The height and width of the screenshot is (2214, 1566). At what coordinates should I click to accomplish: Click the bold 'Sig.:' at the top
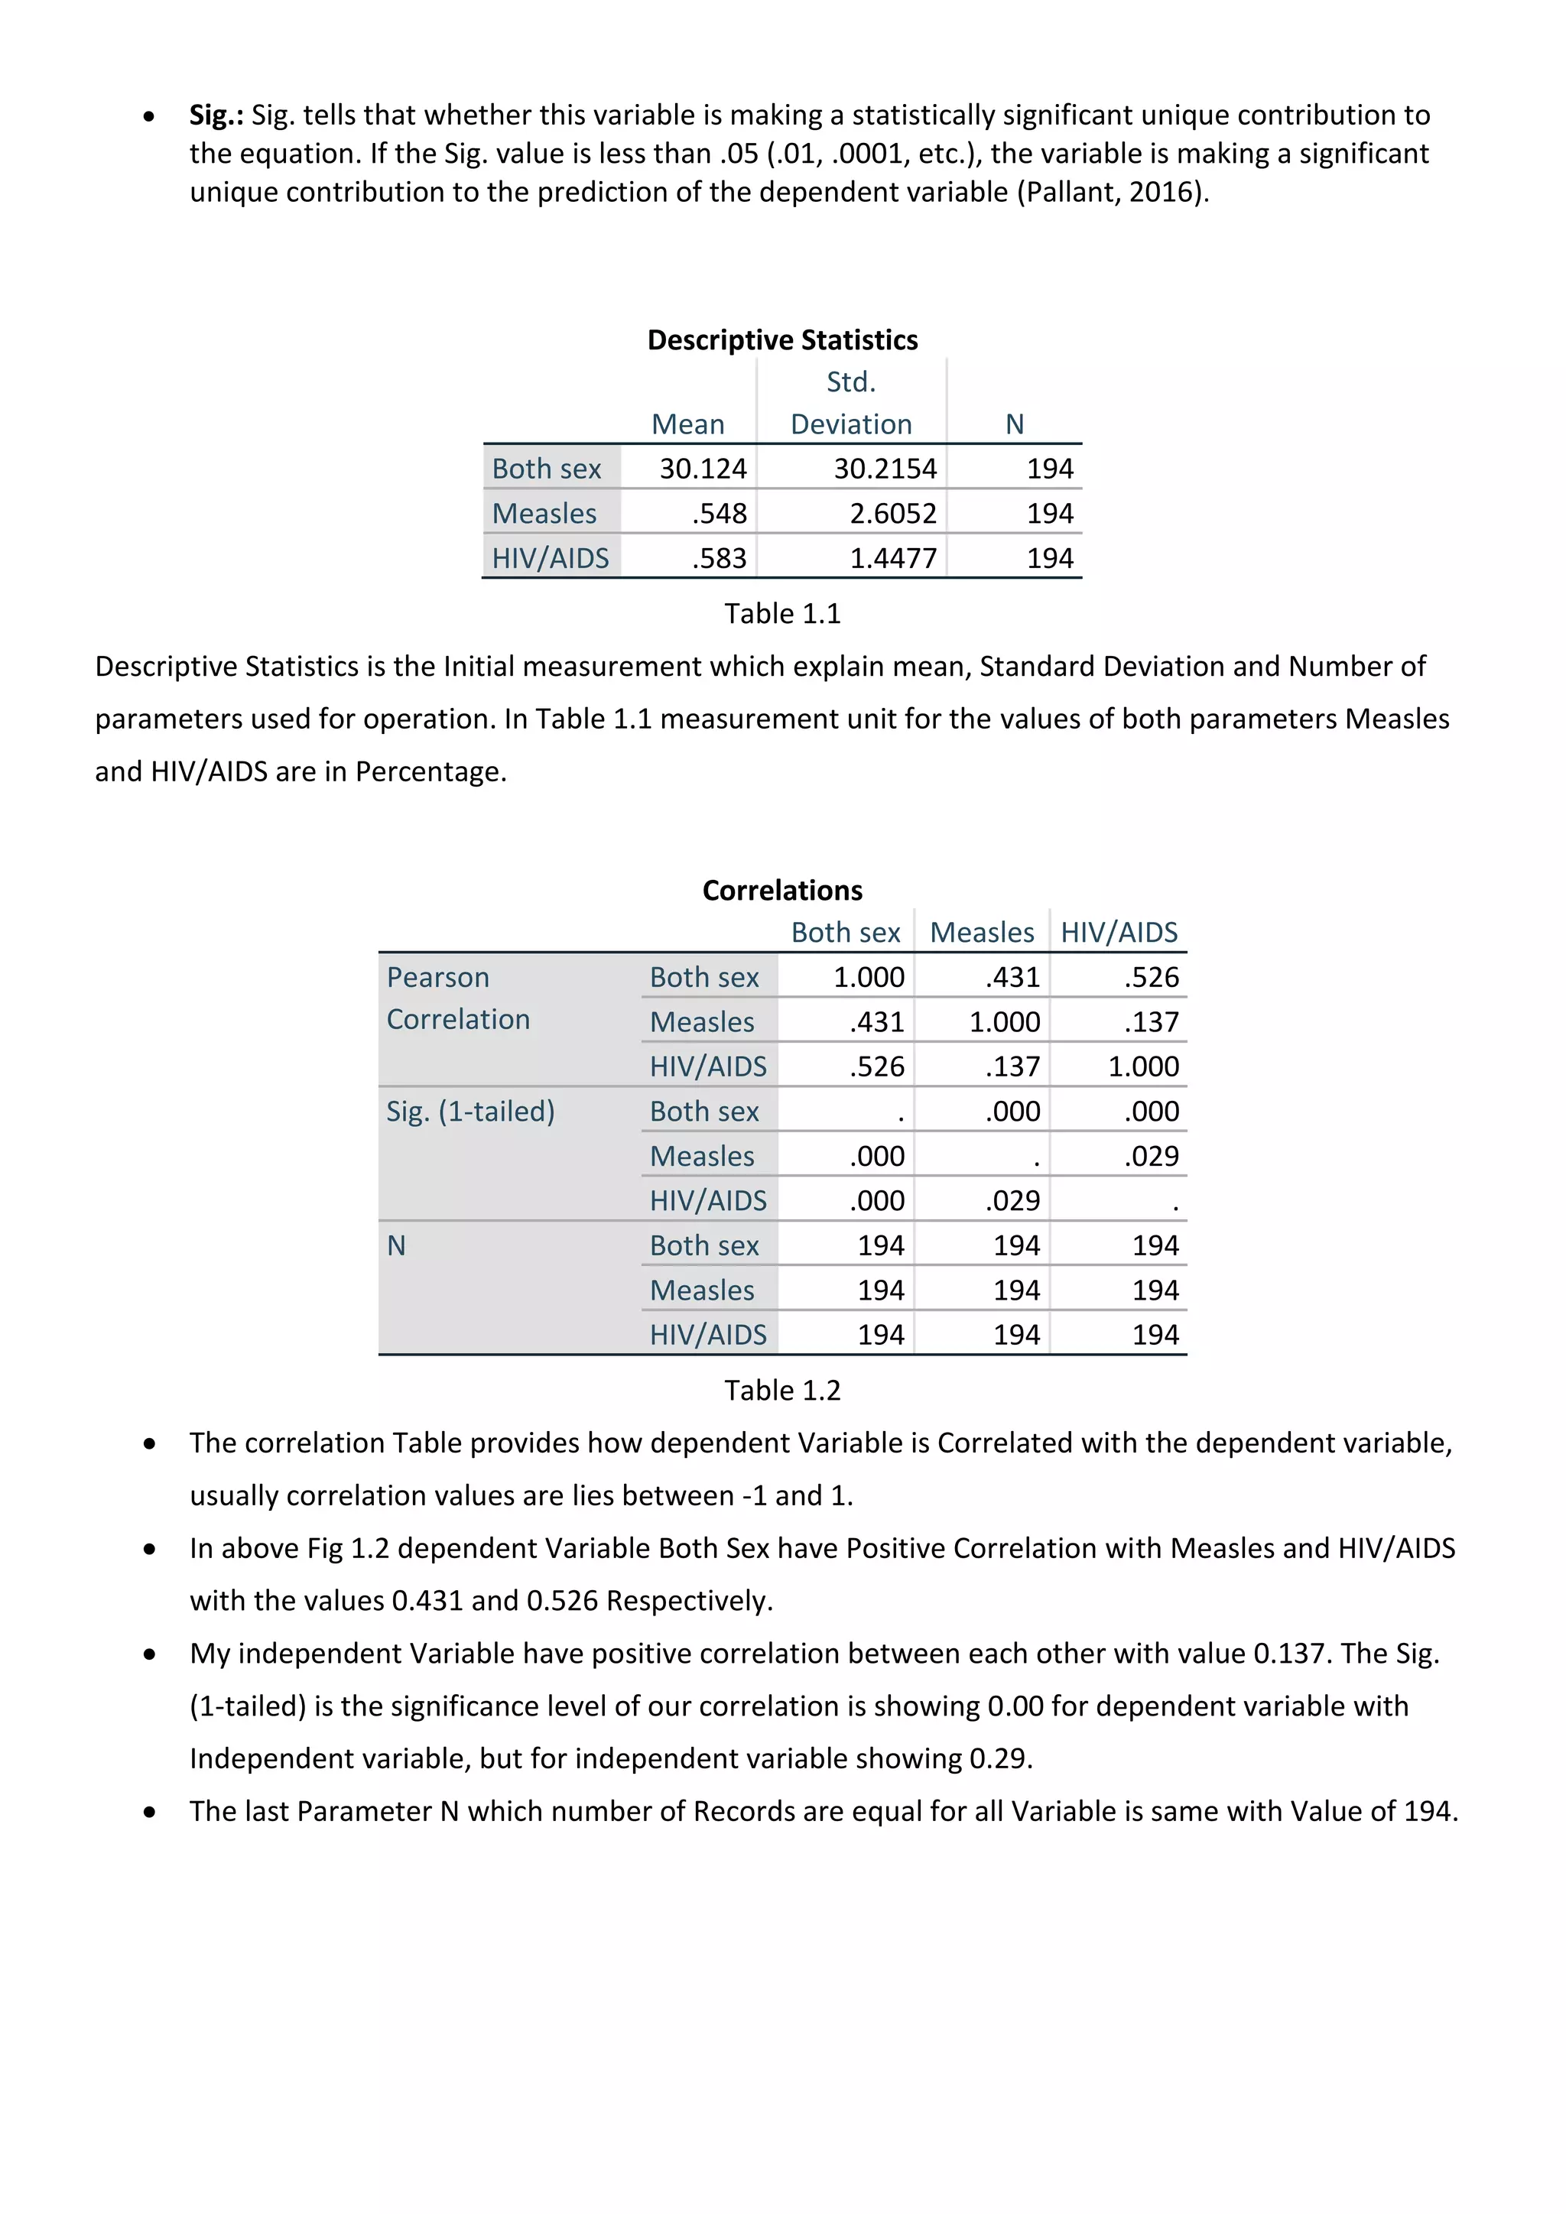216,115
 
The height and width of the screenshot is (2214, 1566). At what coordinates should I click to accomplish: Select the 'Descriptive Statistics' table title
782,340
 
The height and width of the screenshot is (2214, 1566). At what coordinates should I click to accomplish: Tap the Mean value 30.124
703,469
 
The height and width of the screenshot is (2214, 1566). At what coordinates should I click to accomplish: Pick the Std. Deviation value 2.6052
893,513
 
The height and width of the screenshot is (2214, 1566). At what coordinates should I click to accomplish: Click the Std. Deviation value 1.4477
893,558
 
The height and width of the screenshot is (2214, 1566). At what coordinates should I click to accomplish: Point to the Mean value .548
720,513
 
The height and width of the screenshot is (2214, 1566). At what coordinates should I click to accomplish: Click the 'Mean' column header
687,424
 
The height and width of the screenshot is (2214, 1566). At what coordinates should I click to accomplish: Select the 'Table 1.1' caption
782,613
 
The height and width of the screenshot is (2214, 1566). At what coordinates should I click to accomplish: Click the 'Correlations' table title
782,890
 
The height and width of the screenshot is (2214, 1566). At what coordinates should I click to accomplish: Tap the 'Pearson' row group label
438,977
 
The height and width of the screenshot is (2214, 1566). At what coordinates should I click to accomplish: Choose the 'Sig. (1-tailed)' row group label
470,1111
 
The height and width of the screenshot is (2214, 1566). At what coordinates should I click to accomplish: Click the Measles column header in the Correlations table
982,933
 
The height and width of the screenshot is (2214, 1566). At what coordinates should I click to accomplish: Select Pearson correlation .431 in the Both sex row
1012,977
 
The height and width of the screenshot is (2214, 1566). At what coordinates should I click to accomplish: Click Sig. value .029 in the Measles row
1152,1155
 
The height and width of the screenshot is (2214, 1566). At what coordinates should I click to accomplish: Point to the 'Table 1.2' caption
782,1390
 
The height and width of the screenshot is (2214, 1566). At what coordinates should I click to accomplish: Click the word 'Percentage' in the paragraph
428,771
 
